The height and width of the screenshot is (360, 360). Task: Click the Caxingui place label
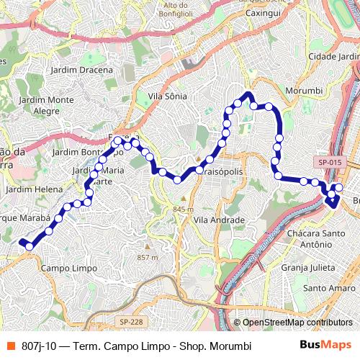263,13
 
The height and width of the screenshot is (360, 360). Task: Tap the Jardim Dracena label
82,70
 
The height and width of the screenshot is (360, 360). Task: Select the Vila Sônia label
167,96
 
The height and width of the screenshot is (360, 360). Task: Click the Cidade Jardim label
332,56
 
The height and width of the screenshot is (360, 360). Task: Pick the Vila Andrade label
220,220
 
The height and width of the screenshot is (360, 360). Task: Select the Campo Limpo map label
69,268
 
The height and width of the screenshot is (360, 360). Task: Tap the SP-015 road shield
330,163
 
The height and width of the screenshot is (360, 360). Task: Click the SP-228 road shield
131,322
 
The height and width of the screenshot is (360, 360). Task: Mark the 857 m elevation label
147,257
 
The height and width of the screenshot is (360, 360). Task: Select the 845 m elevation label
184,209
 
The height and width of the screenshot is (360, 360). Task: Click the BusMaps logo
325,346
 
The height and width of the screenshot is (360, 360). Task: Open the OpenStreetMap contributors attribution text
297,323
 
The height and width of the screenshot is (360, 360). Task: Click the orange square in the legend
11,346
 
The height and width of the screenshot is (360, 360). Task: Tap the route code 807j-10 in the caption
40,346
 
